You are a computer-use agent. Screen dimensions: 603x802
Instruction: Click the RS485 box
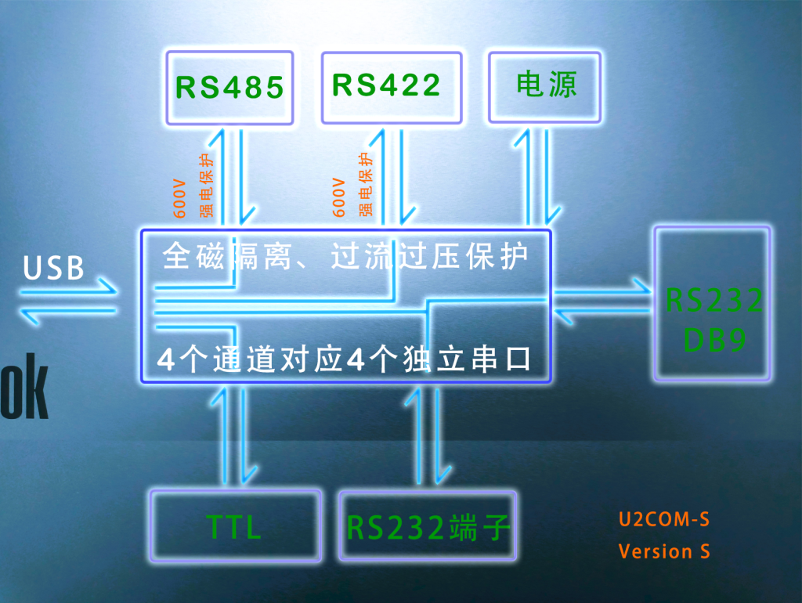pos(229,87)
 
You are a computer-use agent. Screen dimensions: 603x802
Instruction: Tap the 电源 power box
pos(546,85)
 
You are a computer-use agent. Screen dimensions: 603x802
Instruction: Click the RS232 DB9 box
pos(713,304)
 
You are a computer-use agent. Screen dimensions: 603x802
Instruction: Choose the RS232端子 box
pos(428,526)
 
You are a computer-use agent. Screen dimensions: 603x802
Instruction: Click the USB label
pos(54,269)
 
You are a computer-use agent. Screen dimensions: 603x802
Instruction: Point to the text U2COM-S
pos(664,519)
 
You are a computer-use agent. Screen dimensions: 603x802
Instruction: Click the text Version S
pos(664,551)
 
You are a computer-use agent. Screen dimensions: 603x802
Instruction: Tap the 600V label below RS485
pos(179,197)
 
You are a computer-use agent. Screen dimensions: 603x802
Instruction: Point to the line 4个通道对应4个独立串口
pos(345,359)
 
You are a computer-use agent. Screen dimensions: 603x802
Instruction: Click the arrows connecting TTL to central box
pos(234,435)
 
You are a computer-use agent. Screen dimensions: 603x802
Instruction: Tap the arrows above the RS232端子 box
pos(428,435)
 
